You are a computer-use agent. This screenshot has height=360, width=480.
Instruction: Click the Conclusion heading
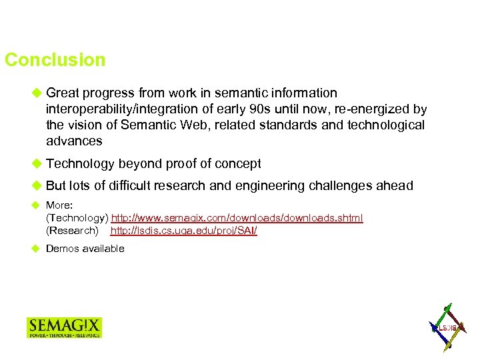(x=55, y=60)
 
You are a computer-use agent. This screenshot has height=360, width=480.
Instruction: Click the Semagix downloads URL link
(x=237, y=219)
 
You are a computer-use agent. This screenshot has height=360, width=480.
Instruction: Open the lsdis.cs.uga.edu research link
(x=183, y=231)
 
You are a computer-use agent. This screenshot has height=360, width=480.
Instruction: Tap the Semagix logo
(x=64, y=327)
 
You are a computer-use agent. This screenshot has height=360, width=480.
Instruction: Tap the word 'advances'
(x=74, y=141)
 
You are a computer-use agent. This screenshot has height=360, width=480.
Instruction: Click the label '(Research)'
(x=72, y=231)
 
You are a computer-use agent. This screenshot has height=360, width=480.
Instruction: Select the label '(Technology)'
(x=77, y=219)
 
